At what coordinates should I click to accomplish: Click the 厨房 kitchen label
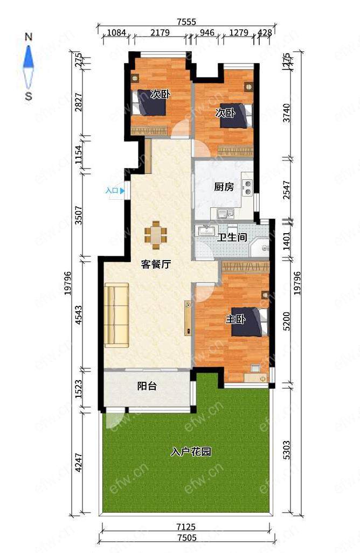pos(224,186)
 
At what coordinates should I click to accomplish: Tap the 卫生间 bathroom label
pos(232,237)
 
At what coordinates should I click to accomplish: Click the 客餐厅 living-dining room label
pos(156,264)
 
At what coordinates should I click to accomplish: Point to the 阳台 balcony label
pos(147,386)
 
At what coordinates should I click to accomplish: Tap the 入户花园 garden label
pos(191,452)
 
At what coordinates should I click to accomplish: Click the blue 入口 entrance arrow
pos(122,191)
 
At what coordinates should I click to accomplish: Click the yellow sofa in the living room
pos(116,315)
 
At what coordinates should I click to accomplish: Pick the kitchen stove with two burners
pos(248,187)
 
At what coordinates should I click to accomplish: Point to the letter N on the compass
pos(29,37)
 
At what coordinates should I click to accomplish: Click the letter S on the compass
pos(29,96)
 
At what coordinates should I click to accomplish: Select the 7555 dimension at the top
pos(186,22)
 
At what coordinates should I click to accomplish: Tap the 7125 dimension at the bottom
pos(186,527)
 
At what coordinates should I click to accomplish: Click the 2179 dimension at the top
pos(160,33)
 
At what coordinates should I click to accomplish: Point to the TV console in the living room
pos(188,318)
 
